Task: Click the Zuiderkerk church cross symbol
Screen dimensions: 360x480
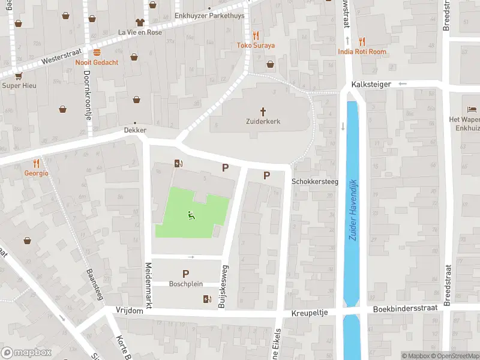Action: point(263,111)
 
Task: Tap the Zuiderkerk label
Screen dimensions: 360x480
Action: point(263,121)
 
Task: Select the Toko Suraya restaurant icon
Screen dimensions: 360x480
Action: point(256,35)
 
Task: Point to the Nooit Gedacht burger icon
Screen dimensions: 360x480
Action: point(97,52)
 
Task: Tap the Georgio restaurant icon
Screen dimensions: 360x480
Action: point(36,163)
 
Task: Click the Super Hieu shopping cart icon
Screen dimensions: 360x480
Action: point(19,76)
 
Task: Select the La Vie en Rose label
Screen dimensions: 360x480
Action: point(140,32)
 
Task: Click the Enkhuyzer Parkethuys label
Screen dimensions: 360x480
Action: point(209,16)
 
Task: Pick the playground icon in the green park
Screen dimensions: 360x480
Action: point(191,215)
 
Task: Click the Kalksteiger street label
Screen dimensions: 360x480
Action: point(372,85)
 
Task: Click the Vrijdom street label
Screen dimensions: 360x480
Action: point(129,310)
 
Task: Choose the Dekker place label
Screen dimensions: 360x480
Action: point(134,130)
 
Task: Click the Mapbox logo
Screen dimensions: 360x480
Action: point(26,353)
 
